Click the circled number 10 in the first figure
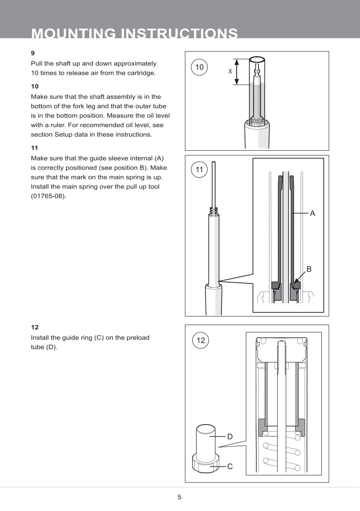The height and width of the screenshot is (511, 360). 199,67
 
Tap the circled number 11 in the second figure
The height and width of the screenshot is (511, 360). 199,170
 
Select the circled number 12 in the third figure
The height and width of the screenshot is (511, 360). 200,341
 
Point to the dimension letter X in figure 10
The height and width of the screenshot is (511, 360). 230,71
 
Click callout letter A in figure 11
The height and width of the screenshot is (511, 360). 312,213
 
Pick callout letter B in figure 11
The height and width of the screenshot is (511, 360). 309,269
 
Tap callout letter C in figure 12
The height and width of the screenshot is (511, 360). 230,466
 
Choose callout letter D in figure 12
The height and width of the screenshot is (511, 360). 230,436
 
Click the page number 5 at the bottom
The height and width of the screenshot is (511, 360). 180,497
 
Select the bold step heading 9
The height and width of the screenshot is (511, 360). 33,53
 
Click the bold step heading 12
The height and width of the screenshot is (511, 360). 34,327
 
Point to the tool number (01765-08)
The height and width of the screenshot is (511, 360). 48,197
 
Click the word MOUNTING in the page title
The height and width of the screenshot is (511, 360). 73,33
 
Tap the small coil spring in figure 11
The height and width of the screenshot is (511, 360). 214,210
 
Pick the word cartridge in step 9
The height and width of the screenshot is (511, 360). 140,73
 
